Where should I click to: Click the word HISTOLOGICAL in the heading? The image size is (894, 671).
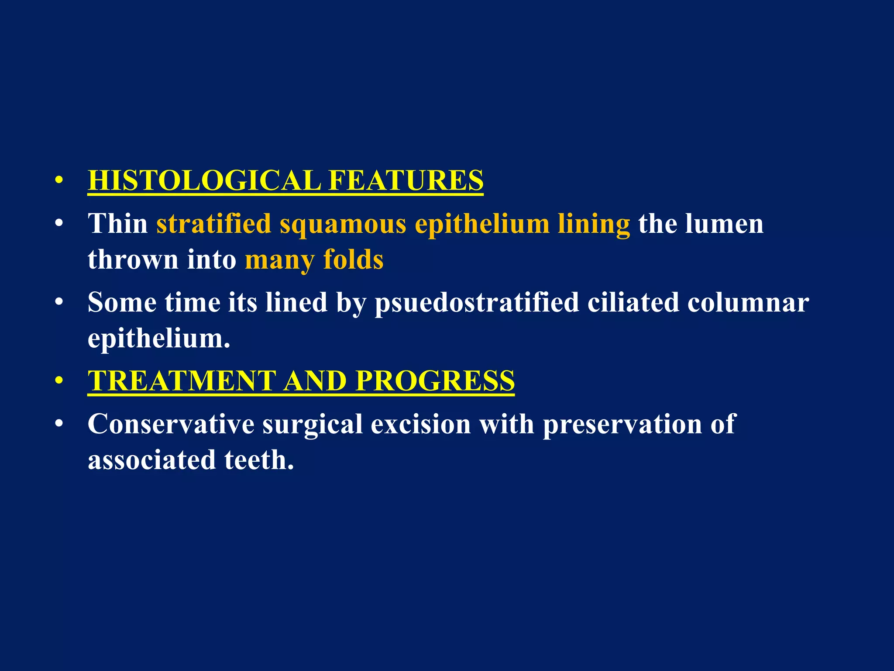pyautogui.click(x=204, y=180)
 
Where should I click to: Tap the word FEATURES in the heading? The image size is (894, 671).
pyautogui.click(x=406, y=180)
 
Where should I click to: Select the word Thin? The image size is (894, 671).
pyautogui.click(x=118, y=224)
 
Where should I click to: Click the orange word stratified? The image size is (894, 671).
pyautogui.click(x=214, y=224)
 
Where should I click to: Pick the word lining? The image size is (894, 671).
pyautogui.click(x=594, y=225)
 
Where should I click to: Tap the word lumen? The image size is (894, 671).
pyautogui.click(x=724, y=224)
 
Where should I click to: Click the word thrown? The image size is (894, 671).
pyautogui.click(x=133, y=259)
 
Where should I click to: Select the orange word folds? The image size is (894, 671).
pyautogui.click(x=353, y=259)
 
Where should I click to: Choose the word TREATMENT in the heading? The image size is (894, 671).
pyautogui.click(x=182, y=381)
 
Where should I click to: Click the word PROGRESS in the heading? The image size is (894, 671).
pyautogui.click(x=435, y=381)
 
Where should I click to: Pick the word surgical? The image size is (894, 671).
pyautogui.click(x=313, y=425)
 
